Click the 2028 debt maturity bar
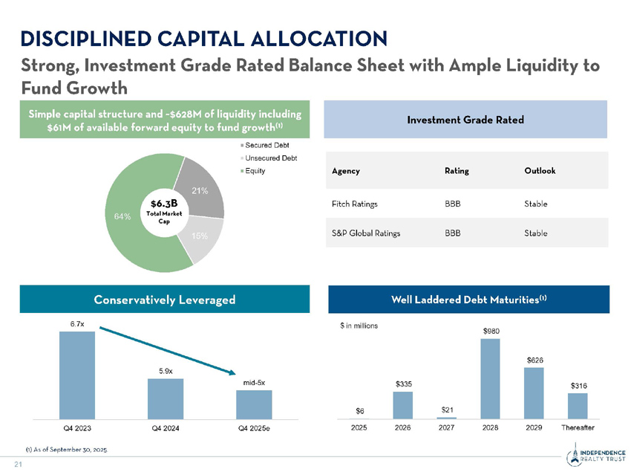[x=490, y=378]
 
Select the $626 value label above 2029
[x=534, y=360]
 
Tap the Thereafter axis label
[x=578, y=427]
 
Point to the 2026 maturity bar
[x=402, y=405]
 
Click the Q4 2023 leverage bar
[x=77, y=375]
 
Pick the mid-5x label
[x=254, y=382]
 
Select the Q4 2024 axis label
[x=166, y=428]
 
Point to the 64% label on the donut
[x=123, y=216]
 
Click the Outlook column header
[x=540, y=171]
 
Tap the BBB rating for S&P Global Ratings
[x=452, y=233]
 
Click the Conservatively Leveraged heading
[x=164, y=300]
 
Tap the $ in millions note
[x=359, y=326]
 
